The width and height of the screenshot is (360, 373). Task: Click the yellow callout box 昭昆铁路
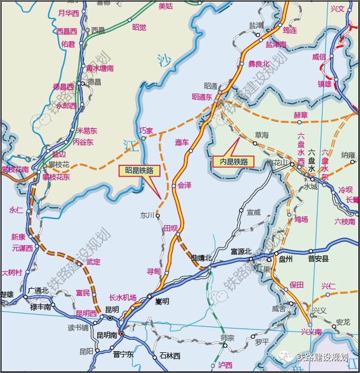[139, 170]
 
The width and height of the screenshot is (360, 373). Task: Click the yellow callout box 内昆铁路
[234, 161]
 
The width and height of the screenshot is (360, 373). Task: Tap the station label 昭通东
[201, 97]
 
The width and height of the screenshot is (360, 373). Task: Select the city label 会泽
[184, 185]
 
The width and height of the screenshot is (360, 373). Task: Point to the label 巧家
[146, 131]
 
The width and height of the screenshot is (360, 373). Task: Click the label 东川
[147, 215]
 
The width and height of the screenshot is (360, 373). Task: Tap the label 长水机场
[122, 297]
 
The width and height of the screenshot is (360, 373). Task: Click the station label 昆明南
[105, 335]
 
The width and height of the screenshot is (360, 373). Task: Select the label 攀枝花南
[14, 170]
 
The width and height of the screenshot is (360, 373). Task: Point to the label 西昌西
[67, 32]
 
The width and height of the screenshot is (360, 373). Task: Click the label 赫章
[300, 115]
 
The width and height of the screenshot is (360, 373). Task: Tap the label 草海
[262, 135]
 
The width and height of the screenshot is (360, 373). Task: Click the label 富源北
[241, 251]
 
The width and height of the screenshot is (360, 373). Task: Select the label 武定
[94, 262]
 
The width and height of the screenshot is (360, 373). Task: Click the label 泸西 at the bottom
[225, 365]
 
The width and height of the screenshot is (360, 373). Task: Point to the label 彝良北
[259, 64]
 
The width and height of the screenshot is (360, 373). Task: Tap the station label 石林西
[170, 356]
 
